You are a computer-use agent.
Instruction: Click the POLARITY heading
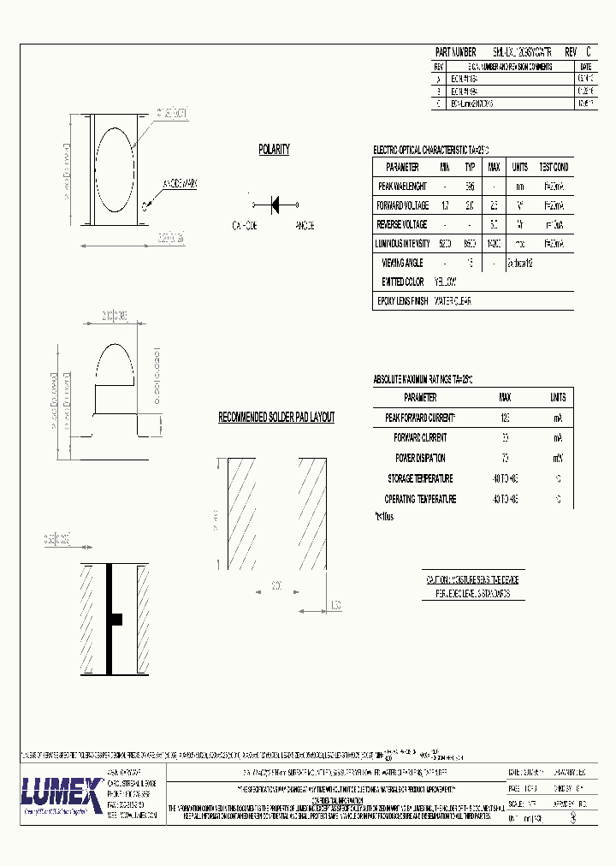point(274,150)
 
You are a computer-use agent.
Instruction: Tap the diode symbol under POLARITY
point(275,205)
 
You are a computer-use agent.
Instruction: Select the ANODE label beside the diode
point(304,226)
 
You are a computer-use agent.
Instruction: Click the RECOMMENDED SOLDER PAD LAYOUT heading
point(276,418)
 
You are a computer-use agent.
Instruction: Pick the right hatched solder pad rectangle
point(311,513)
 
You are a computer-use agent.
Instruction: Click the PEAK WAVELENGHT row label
point(402,186)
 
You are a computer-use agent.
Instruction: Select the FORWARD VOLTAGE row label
point(402,206)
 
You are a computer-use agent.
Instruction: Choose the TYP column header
point(470,167)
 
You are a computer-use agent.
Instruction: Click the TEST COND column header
point(554,167)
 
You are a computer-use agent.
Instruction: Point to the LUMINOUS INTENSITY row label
point(403,244)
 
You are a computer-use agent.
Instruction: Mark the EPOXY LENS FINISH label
point(402,301)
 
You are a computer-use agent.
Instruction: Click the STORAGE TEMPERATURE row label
point(419,478)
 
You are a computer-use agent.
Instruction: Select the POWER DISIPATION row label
point(419,458)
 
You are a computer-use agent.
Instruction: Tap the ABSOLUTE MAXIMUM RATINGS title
point(423,379)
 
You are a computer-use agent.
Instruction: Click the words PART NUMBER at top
point(455,52)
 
